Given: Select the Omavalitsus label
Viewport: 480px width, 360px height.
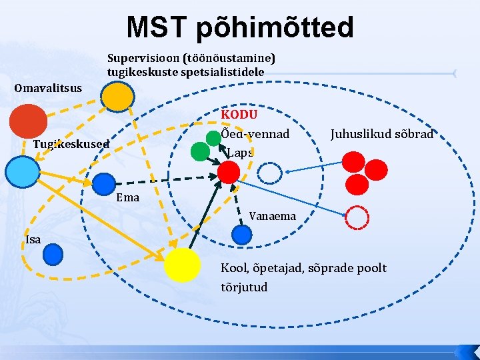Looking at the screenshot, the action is point(48,88).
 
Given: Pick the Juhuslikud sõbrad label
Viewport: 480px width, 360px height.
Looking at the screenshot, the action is point(381,134).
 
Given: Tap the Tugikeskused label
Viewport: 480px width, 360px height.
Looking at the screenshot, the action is point(71,145).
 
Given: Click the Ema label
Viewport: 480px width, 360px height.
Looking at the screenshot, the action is point(127,197).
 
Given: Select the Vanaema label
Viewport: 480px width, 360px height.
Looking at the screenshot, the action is point(272,216).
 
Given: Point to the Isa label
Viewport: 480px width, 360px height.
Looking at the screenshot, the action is point(32,239).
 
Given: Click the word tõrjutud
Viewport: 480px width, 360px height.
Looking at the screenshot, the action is point(244,287).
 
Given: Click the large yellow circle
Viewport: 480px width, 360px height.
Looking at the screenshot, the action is point(182,265).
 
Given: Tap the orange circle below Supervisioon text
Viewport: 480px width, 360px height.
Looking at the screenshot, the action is point(116,97).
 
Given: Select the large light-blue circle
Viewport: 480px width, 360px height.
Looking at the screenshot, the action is point(22,171).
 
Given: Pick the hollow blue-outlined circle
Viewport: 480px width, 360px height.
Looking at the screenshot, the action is point(270,174).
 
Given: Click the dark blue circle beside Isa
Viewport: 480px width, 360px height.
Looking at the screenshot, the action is point(53,253).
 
